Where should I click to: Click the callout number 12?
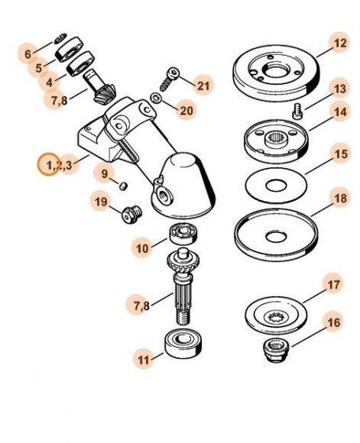click(339, 44)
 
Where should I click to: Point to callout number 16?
click(334, 323)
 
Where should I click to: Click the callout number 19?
click(102, 202)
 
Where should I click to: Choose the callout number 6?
click(28, 54)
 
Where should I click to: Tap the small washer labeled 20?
click(155, 99)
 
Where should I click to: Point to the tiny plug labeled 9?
click(125, 184)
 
